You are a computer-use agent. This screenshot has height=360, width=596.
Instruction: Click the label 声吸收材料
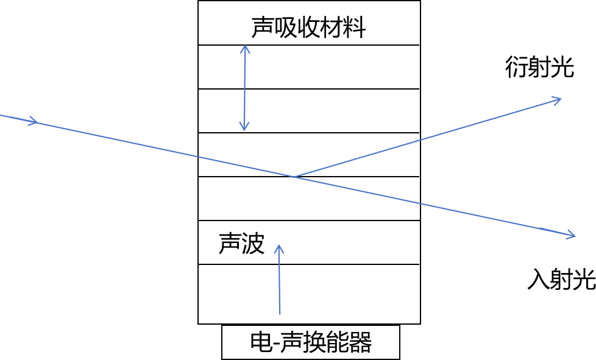pos(308,27)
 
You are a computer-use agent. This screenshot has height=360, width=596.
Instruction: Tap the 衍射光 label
pos(539,68)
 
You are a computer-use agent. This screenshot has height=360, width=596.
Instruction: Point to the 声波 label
pos(241,244)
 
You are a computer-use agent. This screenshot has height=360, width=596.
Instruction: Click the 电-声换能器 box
pos(311,342)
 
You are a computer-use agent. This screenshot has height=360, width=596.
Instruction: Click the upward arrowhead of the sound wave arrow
pos(279,249)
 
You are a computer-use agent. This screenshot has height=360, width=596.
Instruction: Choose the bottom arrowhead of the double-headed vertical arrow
pos(244,127)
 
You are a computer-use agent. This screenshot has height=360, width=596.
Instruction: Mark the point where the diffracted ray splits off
pos(294,177)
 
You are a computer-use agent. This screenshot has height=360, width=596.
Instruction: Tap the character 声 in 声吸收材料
pos(263,27)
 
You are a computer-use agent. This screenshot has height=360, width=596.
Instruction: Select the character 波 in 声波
pos(253,244)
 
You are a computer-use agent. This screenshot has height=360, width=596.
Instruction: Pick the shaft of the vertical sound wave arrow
pos(280,286)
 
